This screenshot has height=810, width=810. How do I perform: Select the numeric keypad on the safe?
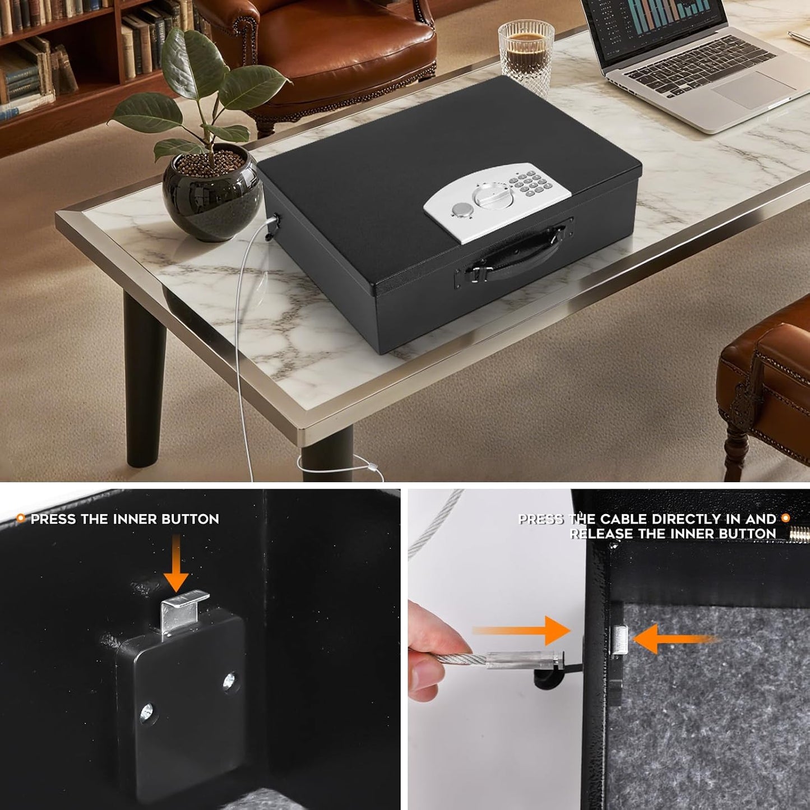[x=530, y=182]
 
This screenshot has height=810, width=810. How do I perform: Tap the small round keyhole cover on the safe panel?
[x=461, y=210]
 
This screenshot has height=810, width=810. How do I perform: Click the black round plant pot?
[x=213, y=193]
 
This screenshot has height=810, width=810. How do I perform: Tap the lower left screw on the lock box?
[x=146, y=714]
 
